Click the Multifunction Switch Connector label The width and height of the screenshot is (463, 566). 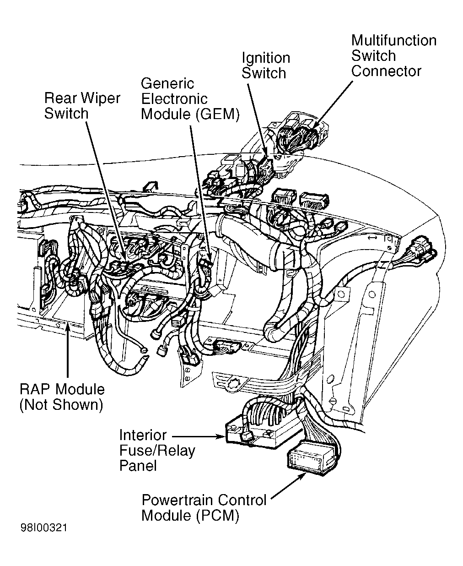tap(393, 56)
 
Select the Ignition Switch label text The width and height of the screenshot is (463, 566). tap(265, 65)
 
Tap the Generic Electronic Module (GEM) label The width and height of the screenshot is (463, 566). tap(190, 98)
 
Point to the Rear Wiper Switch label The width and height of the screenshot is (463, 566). tap(82, 106)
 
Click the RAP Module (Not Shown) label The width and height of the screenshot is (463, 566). tap(62, 397)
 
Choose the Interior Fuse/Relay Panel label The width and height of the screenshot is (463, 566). tap(157, 450)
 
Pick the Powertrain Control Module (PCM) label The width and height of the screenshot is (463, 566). tap(204, 507)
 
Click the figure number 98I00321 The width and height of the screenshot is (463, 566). tap(43, 528)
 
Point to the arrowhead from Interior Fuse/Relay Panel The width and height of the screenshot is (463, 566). tap(223, 437)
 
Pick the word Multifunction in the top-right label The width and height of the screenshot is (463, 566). tap(393, 40)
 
